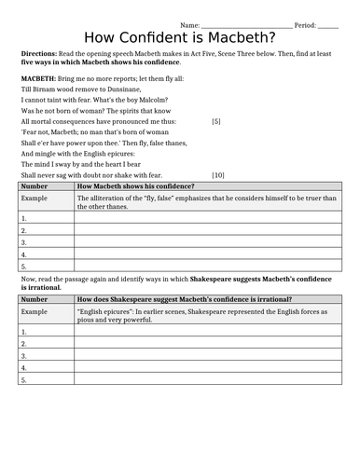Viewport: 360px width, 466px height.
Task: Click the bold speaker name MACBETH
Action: pos(38,79)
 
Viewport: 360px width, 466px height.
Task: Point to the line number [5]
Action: pos(216,121)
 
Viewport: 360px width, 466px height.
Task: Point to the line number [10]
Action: pos(217,174)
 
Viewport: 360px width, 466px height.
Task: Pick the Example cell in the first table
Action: pos(35,198)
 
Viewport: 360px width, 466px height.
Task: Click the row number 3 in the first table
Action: pos(23,241)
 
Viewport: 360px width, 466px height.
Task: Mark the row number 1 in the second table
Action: pos(23,331)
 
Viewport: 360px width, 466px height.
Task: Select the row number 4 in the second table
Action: pos(23,367)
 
